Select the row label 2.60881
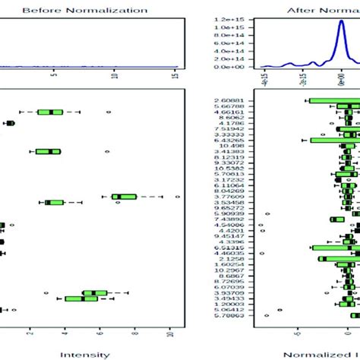click(229, 100)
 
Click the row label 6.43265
click(229, 141)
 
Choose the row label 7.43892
click(229, 220)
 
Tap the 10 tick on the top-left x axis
click(115, 76)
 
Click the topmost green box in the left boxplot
click(50, 112)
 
